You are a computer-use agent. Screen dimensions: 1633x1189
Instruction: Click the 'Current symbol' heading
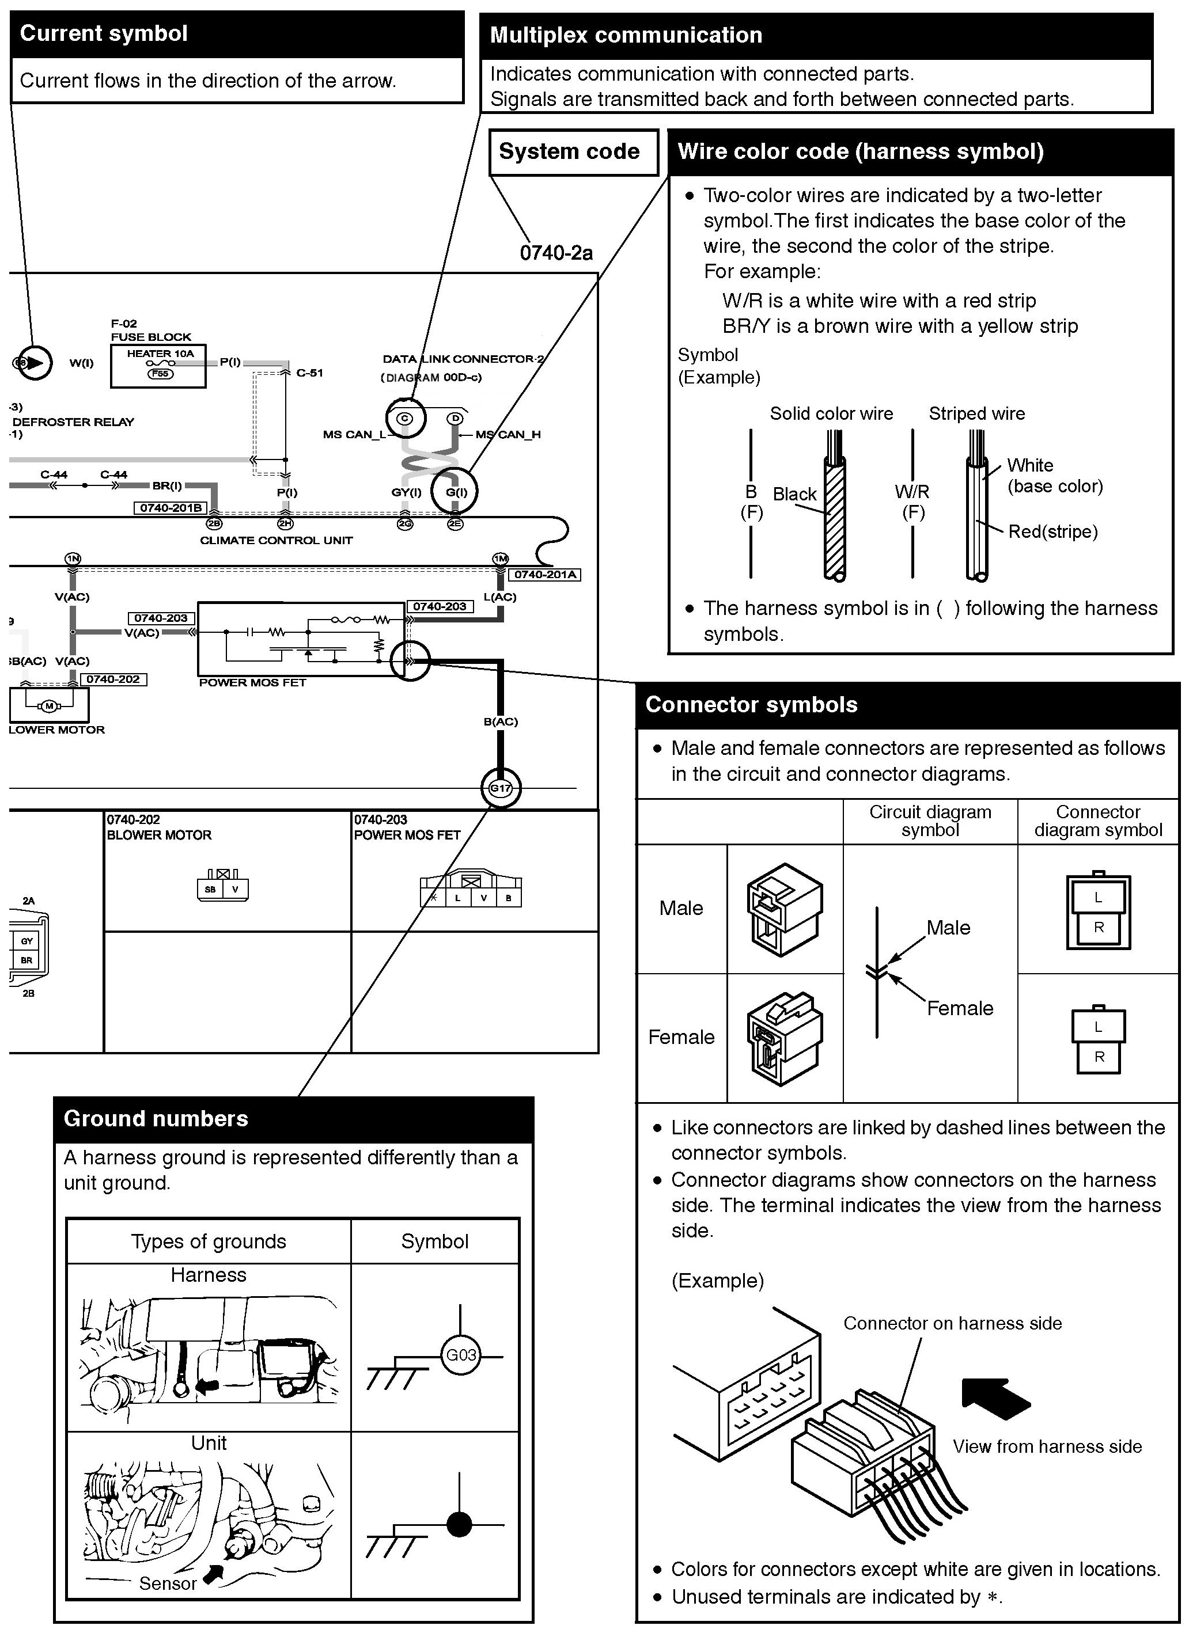pyautogui.click(x=104, y=34)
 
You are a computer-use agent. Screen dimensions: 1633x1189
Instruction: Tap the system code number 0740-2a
pyautogui.click(x=556, y=253)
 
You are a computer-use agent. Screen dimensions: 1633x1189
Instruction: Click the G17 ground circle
pyautogui.click(x=501, y=788)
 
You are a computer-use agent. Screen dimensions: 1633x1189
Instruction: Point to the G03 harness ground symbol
pyautogui.click(x=460, y=1354)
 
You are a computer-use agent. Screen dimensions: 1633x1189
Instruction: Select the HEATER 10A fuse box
pyautogui.click(x=158, y=365)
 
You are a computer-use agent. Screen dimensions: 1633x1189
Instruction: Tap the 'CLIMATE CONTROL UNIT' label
pyautogui.click(x=276, y=541)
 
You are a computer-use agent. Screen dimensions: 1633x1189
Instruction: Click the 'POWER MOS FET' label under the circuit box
pyautogui.click(x=252, y=682)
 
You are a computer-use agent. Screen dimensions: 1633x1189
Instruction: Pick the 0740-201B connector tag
pyautogui.click(x=171, y=508)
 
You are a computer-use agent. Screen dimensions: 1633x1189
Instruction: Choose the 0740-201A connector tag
pyautogui.click(x=544, y=575)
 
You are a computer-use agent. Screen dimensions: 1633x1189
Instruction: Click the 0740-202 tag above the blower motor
pyautogui.click(x=113, y=679)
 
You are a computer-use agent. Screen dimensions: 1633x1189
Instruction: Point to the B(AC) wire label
pyautogui.click(x=501, y=721)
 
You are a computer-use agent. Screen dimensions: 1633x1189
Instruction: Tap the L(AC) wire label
pyautogui.click(x=500, y=597)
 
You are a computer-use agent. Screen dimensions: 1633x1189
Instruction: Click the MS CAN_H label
pyautogui.click(x=508, y=434)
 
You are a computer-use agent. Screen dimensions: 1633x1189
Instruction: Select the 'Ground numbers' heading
pyautogui.click(x=156, y=1118)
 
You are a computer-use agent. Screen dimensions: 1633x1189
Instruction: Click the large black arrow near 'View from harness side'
pyautogui.click(x=994, y=1397)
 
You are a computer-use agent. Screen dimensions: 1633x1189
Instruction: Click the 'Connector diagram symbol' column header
pyautogui.click(x=1097, y=821)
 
